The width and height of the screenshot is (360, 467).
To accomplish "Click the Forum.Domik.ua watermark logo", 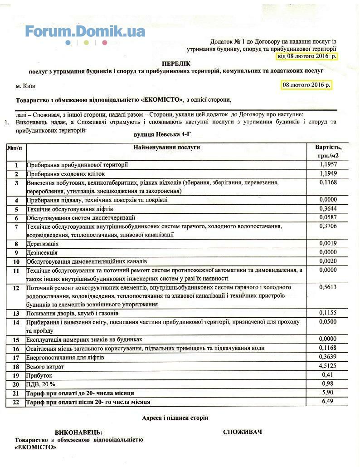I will (85, 32).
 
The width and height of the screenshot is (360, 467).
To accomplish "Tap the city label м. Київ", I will (25, 86).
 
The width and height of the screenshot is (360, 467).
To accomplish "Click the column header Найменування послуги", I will (166, 147).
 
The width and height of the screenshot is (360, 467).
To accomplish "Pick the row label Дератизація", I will (43, 244).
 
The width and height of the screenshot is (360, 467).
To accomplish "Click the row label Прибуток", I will (40, 375).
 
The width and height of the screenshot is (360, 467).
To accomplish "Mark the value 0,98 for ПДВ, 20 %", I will (327, 383).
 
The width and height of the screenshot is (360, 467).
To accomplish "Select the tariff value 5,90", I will (327, 393).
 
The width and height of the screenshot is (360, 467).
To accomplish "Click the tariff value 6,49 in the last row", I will (327, 401).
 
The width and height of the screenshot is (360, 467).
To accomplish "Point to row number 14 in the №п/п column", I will (16, 322).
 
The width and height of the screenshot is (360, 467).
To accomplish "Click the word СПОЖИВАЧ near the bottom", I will (242, 432).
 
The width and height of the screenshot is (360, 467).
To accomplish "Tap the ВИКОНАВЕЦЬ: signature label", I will (78, 433).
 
